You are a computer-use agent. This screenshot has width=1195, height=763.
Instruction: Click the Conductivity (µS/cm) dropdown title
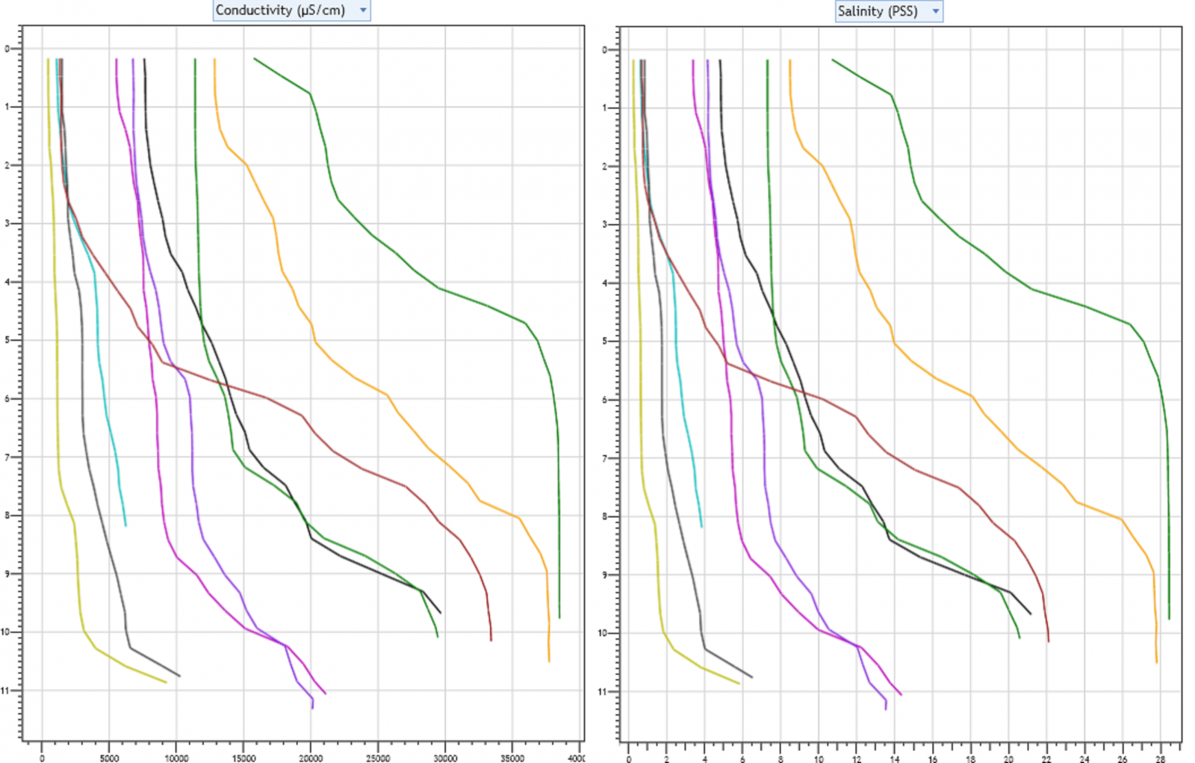pos(280,10)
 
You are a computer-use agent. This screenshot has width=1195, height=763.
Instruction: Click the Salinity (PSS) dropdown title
pos(878,11)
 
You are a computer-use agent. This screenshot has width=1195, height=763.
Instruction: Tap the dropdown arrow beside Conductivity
pos(363,10)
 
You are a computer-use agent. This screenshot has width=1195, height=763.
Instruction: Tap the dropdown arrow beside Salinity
pos(935,11)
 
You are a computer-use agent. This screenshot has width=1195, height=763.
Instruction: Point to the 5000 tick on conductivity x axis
pos(109,758)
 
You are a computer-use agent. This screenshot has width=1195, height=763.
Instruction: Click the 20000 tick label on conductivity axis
pos(311,758)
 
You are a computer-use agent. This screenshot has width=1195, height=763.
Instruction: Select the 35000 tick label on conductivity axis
pos(512,758)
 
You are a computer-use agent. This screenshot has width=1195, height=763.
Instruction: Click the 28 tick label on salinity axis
pos(1160,759)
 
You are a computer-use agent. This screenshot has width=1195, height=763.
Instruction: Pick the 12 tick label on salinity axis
pos(856,759)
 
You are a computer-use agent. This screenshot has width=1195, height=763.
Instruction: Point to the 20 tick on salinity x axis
pos(1008,759)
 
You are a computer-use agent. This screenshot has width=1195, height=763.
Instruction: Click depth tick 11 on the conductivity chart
pos(6,691)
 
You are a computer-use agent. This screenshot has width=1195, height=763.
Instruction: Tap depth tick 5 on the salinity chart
pos(604,341)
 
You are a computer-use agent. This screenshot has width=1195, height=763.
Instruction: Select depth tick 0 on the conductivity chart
pos(7,49)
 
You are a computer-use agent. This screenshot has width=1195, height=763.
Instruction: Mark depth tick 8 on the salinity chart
pos(604,516)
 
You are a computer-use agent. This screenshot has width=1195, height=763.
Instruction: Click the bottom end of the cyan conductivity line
pos(125,525)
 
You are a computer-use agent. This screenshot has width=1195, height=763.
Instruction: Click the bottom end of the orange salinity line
pos(1157,662)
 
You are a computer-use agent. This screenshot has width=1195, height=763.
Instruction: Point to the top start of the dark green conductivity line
pos(255,58)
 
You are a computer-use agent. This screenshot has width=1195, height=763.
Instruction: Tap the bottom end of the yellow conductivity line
pos(166,682)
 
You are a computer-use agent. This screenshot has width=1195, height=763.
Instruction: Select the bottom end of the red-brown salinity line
pos(1048,641)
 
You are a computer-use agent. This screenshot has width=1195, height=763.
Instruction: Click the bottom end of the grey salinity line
pos(752,677)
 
